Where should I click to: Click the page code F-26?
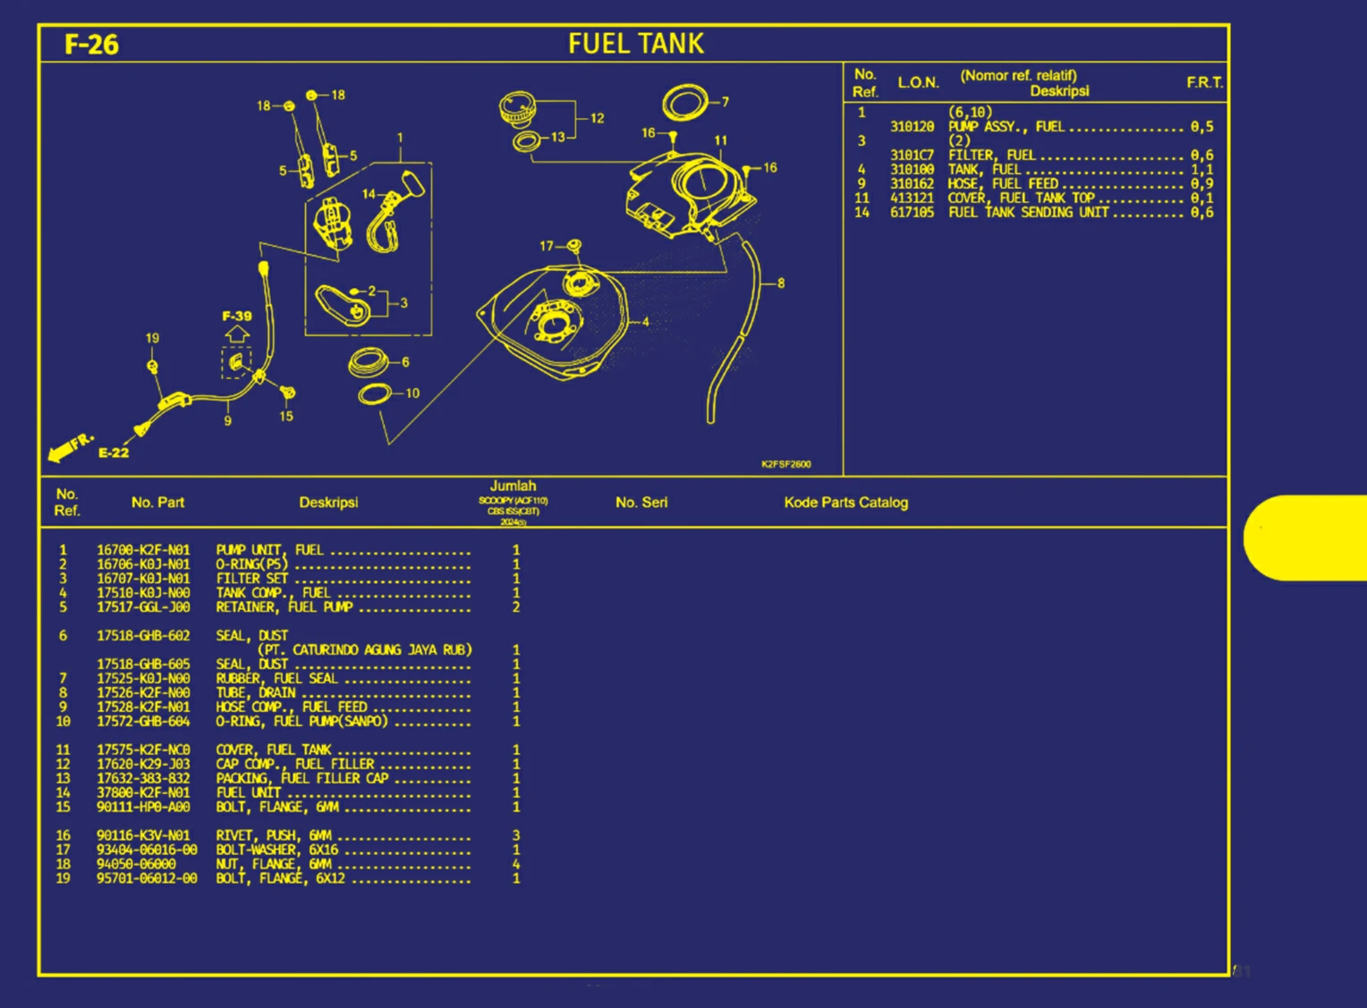pyautogui.click(x=91, y=44)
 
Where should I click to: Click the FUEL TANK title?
pyautogui.click(x=636, y=43)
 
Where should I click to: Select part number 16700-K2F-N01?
pyautogui.click(x=143, y=550)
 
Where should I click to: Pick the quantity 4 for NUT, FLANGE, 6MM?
pyautogui.click(x=516, y=864)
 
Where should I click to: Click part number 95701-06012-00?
pyautogui.click(x=147, y=878)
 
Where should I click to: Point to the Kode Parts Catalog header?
pyautogui.click(x=845, y=503)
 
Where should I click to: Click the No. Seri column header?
pyautogui.click(x=641, y=503)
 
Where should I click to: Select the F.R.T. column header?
pyautogui.click(x=1204, y=82)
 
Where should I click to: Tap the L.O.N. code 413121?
pyautogui.click(x=912, y=198)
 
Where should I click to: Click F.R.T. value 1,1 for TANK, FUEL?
pyautogui.click(x=1201, y=169)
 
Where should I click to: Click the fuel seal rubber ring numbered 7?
pyautogui.click(x=685, y=103)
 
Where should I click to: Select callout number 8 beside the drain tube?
pyautogui.click(x=781, y=283)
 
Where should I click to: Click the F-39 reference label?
pyautogui.click(x=237, y=316)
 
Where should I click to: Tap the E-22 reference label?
pyautogui.click(x=114, y=453)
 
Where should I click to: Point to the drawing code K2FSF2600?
pyautogui.click(x=785, y=464)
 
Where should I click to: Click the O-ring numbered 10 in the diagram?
pyautogui.click(x=375, y=394)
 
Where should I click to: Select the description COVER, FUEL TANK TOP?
pyautogui.click(x=1021, y=198)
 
